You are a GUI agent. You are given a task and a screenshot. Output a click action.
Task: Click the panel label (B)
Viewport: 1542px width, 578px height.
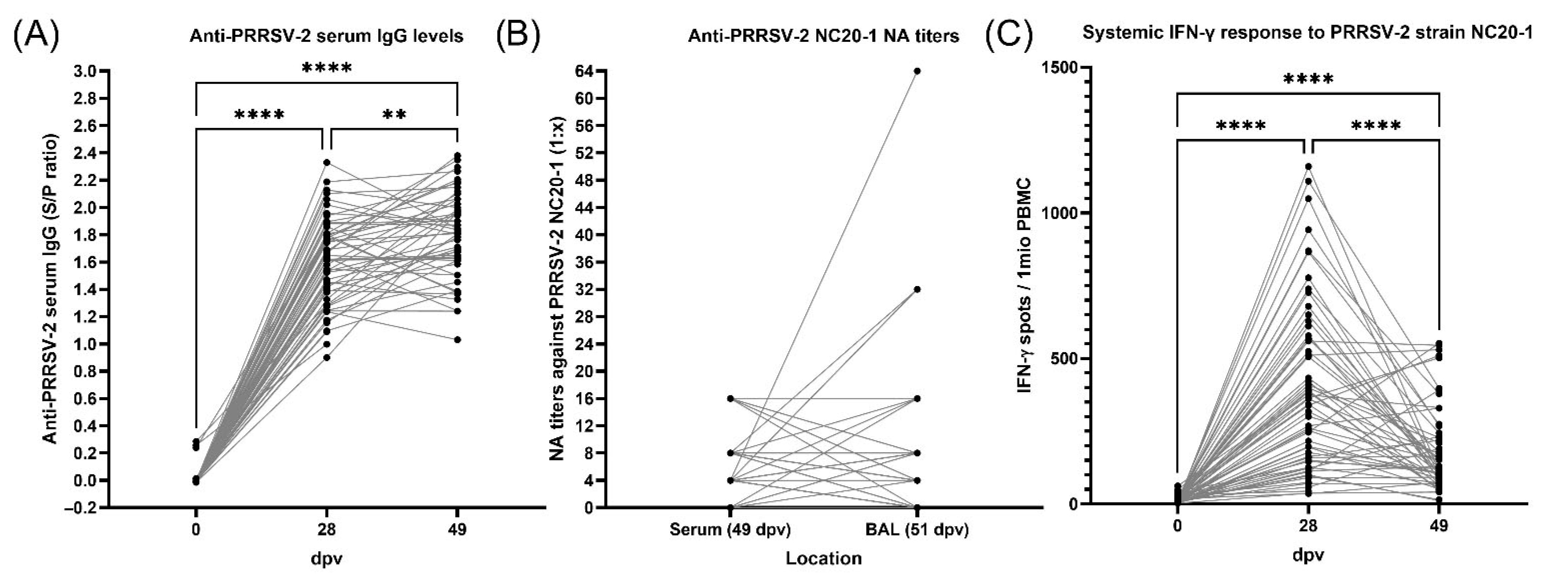click(518, 37)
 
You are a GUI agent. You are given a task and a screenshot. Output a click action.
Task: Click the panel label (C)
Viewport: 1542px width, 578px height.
click(1009, 37)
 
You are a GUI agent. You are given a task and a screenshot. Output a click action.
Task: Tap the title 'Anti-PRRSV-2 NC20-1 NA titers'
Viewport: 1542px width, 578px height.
click(823, 37)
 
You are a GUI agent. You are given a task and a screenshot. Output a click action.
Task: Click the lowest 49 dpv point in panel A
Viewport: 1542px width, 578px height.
click(457, 340)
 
